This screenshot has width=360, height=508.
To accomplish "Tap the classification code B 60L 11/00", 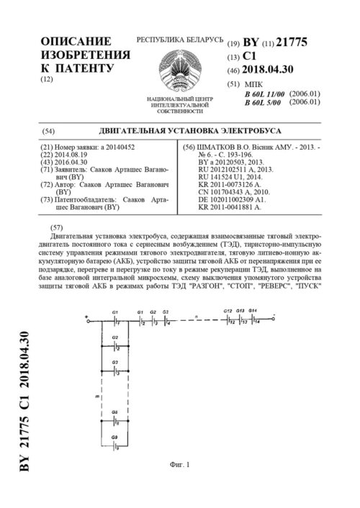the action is pyautogui.click(x=264, y=94).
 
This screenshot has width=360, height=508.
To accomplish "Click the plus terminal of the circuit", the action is pyautogui.click(x=85, y=298).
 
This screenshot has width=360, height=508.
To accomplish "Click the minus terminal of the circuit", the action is pyautogui.click(x=284, y=297).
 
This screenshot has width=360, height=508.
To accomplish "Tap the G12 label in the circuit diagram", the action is pyautogui.click(x=227, y=290).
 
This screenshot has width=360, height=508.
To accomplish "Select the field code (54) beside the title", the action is pyautogui.click(x=49, y=131).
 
